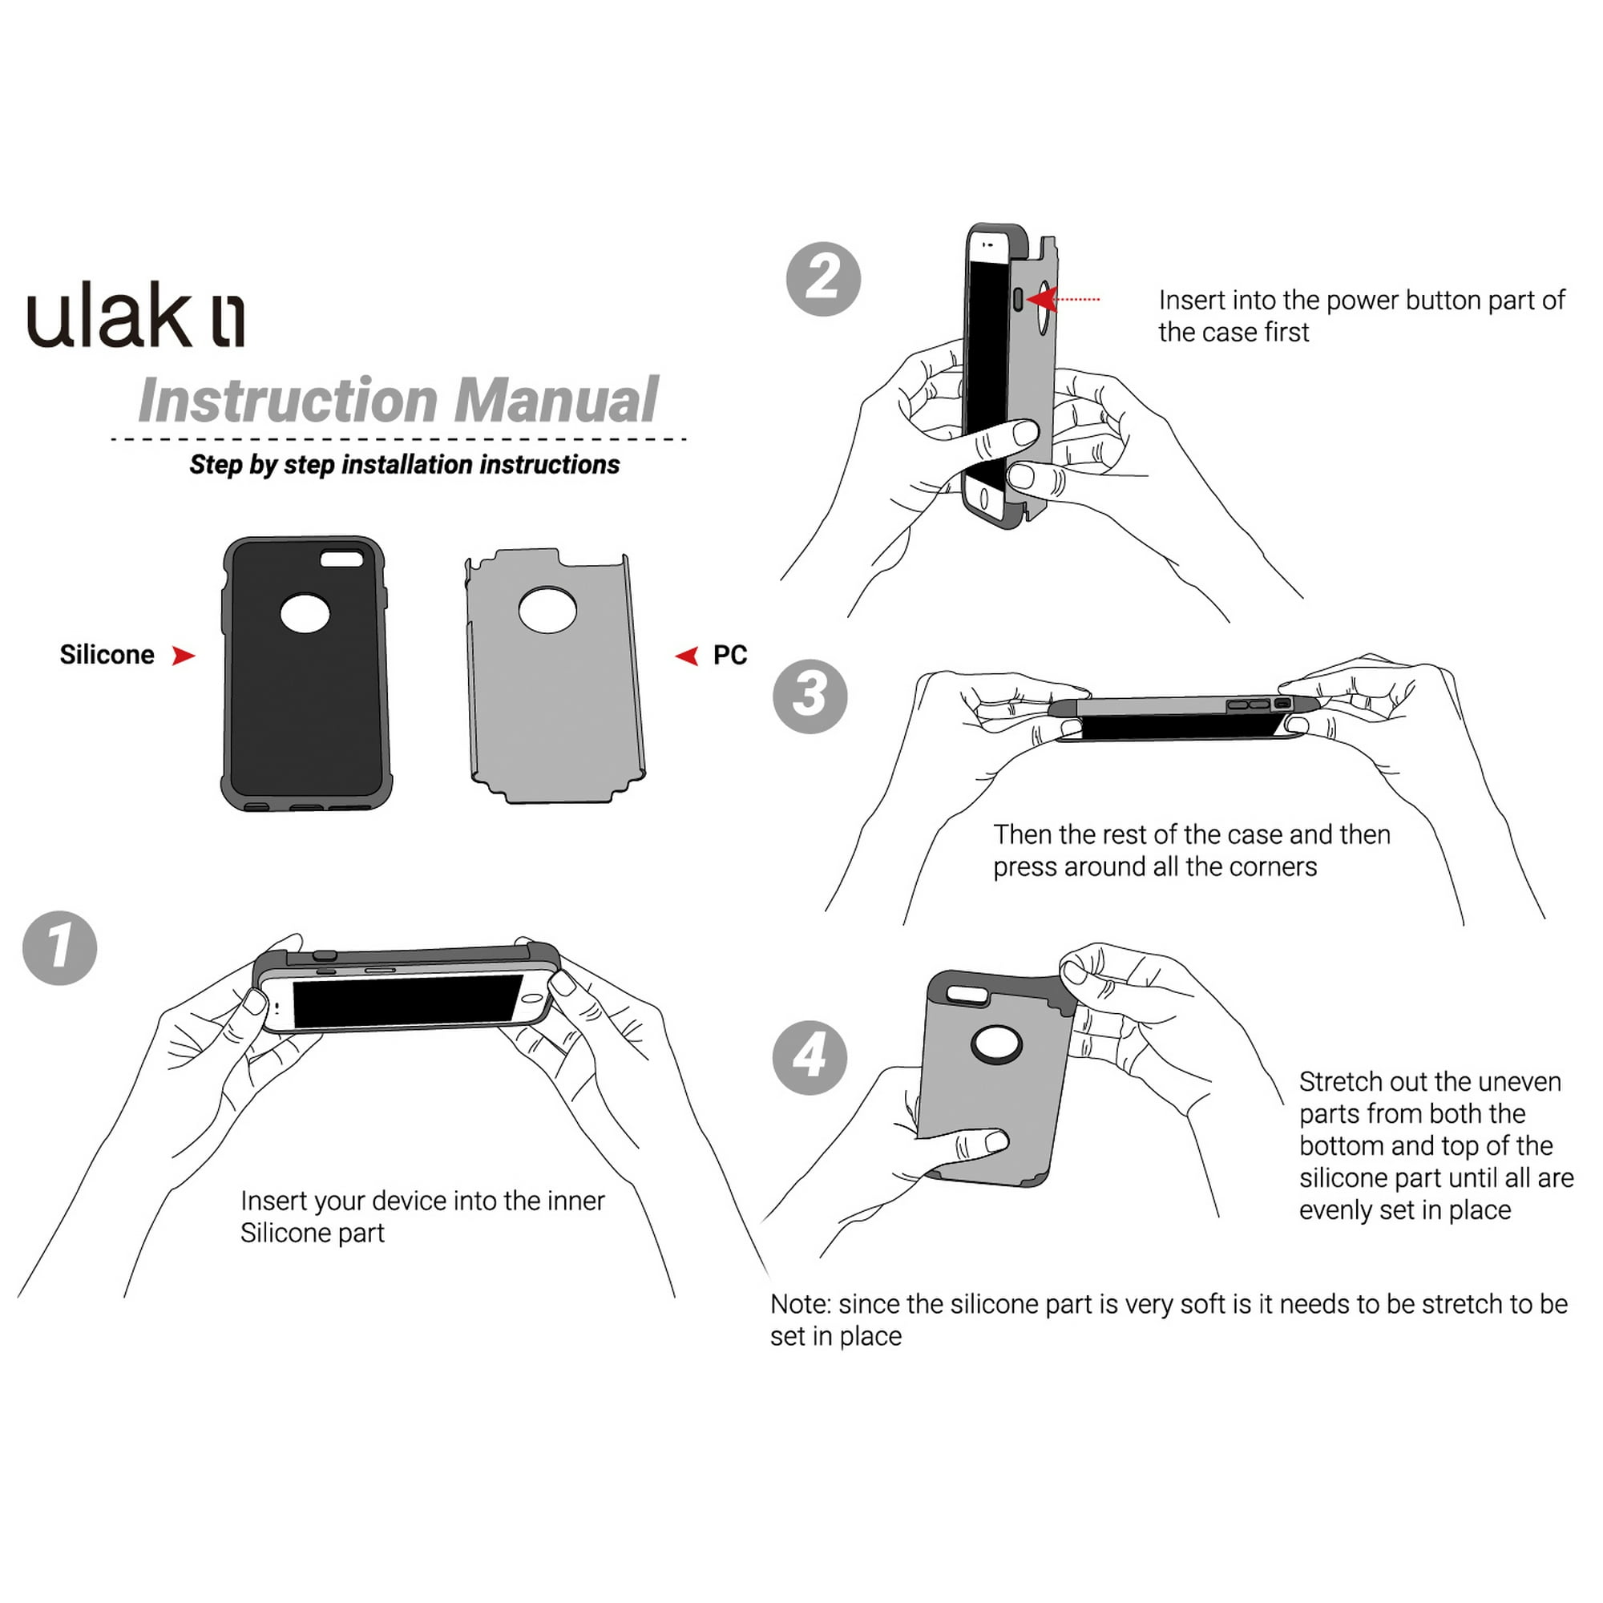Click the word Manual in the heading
(x=555, y=401)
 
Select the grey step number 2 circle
(x=823, y=279)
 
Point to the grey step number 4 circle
(x=810, y=1057)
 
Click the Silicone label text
(x=107, y=655)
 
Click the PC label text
(x=729, y=655)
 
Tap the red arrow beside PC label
(x=687, y=656)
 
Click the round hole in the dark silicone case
(x=305, y=613)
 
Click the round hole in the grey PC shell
(x=547, y=610)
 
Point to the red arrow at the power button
(x=1042, y=299)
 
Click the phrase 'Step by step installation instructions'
(x=404, y=465)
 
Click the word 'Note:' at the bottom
(x=800, y=1304)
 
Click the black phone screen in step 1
(x=406, y=1000)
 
